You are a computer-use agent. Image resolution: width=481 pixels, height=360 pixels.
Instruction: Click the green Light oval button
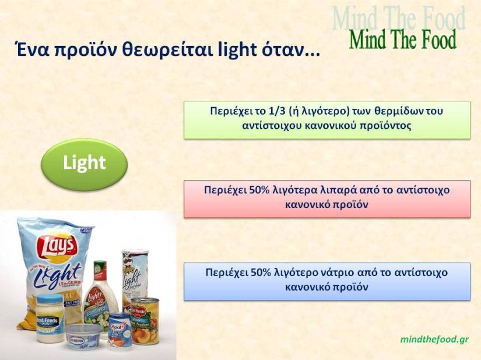[x=84, y=163]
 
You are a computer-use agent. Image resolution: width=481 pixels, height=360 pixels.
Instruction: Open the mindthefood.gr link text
[x=434, y=338]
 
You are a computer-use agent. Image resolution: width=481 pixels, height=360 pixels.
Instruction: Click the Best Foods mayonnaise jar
[x=49, y=317]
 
